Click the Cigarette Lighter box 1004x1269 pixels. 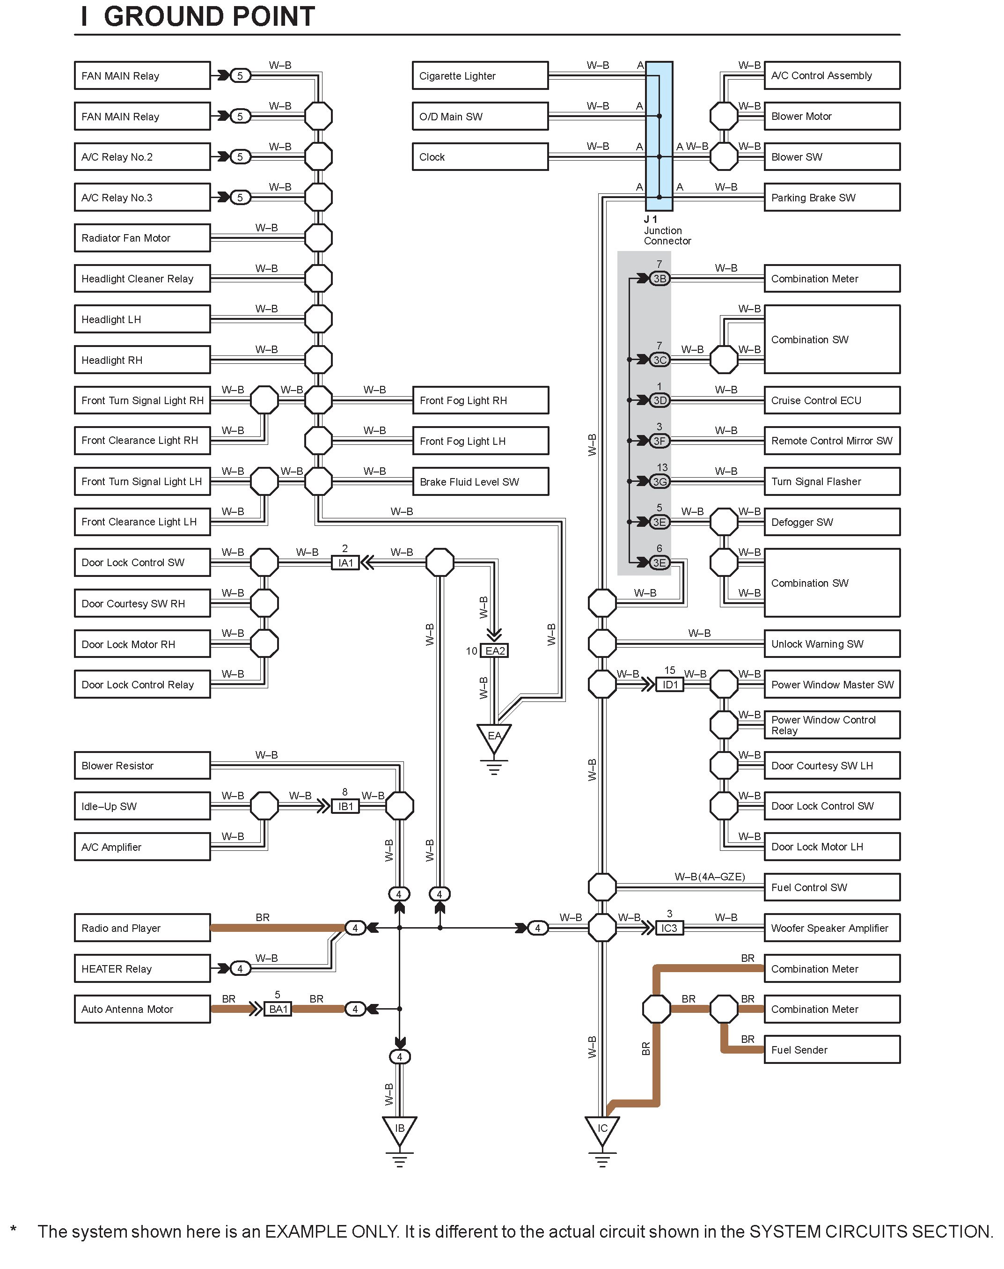click(x=480, y=76)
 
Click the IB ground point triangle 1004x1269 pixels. click(x=400, y=1129)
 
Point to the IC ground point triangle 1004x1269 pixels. click(x=602, y=1129)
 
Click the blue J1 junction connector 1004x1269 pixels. click(x=659, y=136)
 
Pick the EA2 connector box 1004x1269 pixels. click(x=495, y=651)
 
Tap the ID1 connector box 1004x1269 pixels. click(x=670, y=685)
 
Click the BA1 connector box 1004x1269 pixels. click(x=278, y=1009)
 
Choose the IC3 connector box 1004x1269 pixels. click(x=669, y=928)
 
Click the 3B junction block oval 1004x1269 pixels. click(x=660, y=279)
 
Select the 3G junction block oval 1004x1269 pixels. click(x=660, y=481)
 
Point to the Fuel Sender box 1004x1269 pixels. click(x=832, y=1050)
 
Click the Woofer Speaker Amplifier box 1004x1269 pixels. click(x=832, y=928)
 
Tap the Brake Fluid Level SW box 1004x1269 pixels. click(x=480, y=481)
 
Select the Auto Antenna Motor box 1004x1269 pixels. click(x=142, y=1009)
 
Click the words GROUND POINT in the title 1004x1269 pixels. click(x=209, y=16)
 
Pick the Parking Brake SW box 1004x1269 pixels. click(x=832, y=198)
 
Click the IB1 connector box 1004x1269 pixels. click(x=345, y=806)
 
